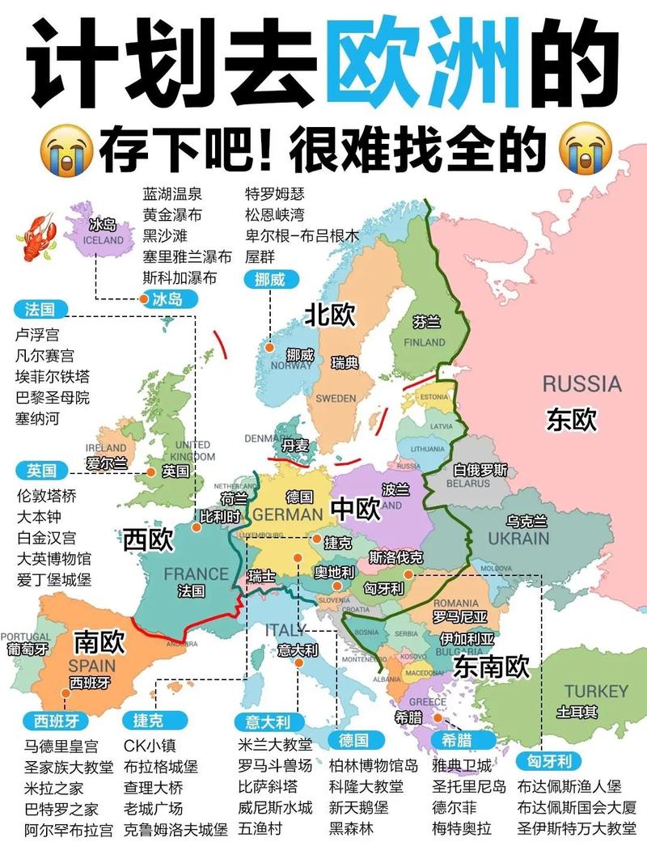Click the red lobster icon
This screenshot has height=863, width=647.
[x=33, y=237]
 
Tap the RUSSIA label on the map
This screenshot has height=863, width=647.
[x=581, y=383]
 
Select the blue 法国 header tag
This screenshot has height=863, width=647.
[x=39, y=309]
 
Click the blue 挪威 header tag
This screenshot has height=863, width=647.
[x=270, y=280]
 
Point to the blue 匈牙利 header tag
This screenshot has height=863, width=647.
[x=549, y=761]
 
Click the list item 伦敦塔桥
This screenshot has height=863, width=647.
[x=46, y=496]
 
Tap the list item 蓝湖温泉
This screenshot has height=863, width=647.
[x=172, y=194]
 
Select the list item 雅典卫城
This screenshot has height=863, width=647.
[x=461, y=765]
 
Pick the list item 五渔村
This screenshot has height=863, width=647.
[x=260, y=828]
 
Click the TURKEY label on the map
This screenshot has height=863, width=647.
[x=595, y=691]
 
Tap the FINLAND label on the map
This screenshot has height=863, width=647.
[x=425, y=342]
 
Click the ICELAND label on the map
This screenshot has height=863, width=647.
[x=104, y=239]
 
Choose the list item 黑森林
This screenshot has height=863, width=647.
[x=351, y=828]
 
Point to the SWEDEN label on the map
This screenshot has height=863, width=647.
[x=335, y=398]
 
